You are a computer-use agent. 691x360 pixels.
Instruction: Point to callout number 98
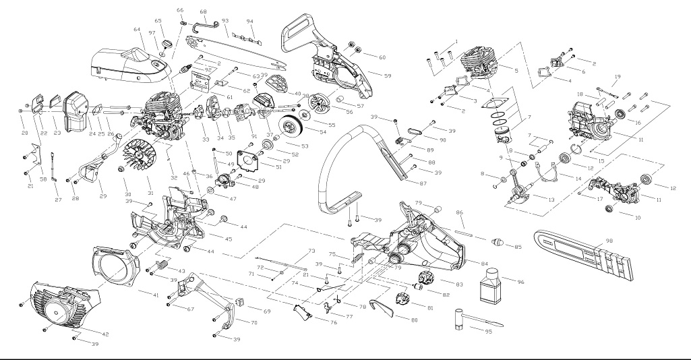(609, 241)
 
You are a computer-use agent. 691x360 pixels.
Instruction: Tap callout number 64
(137, 30)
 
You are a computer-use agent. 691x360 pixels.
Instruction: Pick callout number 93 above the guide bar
(224, 21)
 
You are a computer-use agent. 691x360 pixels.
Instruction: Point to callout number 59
(389, 74)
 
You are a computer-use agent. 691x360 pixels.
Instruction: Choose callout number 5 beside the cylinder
(516, 71)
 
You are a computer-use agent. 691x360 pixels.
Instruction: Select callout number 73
(311, 251)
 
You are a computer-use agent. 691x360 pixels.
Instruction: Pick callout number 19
(618, 77)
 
